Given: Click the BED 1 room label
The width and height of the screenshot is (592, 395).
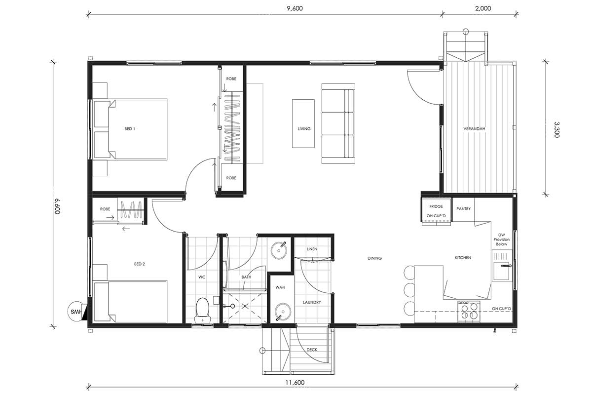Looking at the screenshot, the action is [130, 129].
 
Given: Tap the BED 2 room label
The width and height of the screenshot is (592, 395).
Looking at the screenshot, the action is [139, 264].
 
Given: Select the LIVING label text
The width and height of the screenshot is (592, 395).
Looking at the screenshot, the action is [304, 129].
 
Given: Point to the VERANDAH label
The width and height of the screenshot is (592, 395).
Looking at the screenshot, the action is [474, 129].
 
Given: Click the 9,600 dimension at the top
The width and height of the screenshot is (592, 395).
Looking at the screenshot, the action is [295, 8].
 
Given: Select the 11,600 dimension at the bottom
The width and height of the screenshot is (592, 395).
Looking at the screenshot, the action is [295, 382].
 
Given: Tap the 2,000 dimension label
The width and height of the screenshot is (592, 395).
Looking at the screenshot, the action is [483, 8].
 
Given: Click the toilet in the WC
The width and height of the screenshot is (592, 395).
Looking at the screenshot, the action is [203, 310].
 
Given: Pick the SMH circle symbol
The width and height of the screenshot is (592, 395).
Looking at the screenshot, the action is [75, 312].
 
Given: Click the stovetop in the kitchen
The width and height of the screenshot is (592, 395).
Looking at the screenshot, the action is [469, 312].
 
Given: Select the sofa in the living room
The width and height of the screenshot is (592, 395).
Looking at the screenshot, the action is [338, 123].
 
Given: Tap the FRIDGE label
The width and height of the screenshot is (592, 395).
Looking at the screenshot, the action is [436, 206].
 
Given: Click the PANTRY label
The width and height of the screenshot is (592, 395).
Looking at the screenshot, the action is [463, 209].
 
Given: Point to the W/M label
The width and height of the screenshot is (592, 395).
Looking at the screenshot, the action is [280, 287].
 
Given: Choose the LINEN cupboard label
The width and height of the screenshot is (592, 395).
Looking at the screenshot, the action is [312, 249].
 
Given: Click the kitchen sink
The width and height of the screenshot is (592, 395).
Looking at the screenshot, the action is [502, 271].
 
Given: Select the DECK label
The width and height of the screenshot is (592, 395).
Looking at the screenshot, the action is [312, 350].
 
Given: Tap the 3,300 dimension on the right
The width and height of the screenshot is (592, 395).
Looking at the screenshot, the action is [556, 129].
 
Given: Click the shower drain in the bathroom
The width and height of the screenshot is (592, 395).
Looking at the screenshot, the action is [245, 306].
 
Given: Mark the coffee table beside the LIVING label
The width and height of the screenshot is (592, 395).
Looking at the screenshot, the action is [303, 123].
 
